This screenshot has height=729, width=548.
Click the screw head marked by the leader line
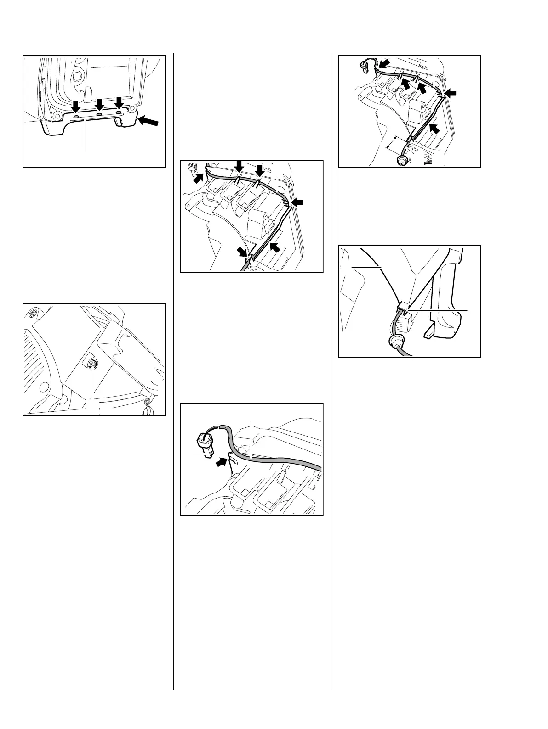(x=93, y=364)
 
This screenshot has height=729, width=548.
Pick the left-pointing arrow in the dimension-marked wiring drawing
(x=452, y=93)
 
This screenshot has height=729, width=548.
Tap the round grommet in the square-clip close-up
(x=394, y=342)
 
